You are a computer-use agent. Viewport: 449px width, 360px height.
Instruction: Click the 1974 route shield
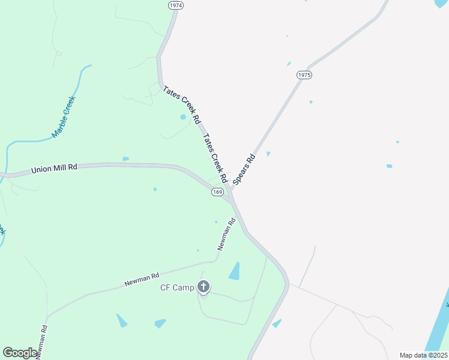tap(175, 5)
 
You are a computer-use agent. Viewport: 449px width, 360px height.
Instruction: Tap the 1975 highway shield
tap(304, 75)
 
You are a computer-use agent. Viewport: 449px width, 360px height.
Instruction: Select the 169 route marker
tap(217, 192)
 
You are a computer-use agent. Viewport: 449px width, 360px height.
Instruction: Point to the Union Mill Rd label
tap(54, 170)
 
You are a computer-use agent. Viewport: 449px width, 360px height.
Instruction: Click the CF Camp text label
tap(177, 288)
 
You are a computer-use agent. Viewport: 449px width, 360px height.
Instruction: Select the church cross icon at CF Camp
tap(204, 287)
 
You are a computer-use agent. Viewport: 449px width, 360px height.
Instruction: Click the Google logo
tap(20, 352)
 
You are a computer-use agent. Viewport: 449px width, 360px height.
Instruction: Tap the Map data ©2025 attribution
tap(423, 355)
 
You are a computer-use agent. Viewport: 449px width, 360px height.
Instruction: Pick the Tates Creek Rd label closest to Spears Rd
tap(215, 158)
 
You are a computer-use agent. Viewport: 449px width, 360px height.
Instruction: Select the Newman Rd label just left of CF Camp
tap(142, 279)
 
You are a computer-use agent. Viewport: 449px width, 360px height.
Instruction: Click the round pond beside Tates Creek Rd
tap(182, 117)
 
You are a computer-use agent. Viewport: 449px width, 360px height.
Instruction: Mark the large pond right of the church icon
tap(235, 272)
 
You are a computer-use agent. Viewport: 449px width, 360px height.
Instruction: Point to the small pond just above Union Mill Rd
tap(125, 159)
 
